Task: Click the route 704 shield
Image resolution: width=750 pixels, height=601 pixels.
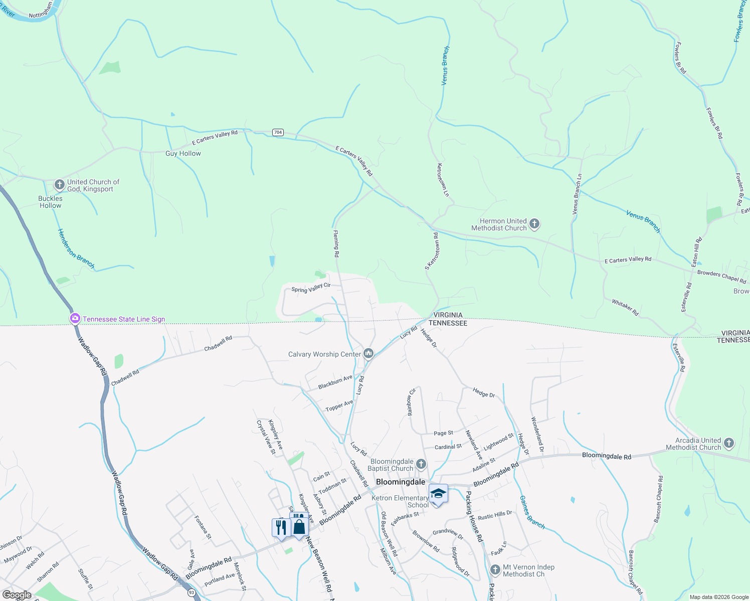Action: pyautogui.click(x=278, y=132)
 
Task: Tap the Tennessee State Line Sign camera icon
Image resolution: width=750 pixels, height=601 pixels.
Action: pyautogui.click(x=75, y=319)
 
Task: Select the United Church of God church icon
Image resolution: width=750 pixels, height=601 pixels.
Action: pyautogui.click(x=60, y=185)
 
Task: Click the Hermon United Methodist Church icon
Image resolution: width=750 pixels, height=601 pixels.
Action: pyautogui.click(x=534, y=224)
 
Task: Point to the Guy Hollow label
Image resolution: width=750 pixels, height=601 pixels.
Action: pyautogui.click(x=183, y=154)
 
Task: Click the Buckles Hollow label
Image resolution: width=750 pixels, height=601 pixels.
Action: pyautogui.click(x=51, y=202)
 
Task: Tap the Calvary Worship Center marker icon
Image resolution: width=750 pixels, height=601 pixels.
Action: pyautogui.click(x=368, y=354)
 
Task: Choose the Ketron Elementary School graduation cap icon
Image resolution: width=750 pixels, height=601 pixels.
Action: pyautogui.click(x=438, y=494)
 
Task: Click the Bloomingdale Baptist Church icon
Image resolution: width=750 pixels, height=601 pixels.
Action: pyautogui.click(x=421, y=464)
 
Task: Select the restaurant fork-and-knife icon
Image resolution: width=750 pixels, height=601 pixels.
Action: pyautogui.click(x=281, y=528)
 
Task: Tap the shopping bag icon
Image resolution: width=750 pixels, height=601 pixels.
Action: pyautogui.click(x=299, y=527)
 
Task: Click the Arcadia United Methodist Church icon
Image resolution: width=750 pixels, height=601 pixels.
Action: pyautogui.click(x=729, y=443)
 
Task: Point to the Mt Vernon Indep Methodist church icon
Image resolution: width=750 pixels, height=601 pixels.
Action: pyautogui.click(x=495, y=570)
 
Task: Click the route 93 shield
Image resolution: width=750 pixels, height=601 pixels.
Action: pyautogui.click(x=192, y=592)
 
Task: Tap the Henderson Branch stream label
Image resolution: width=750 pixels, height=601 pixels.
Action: pyautogui.click(x=76, y=248)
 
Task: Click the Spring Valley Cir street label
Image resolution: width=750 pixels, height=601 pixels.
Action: pyautogui.click(x=311, y=287)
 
